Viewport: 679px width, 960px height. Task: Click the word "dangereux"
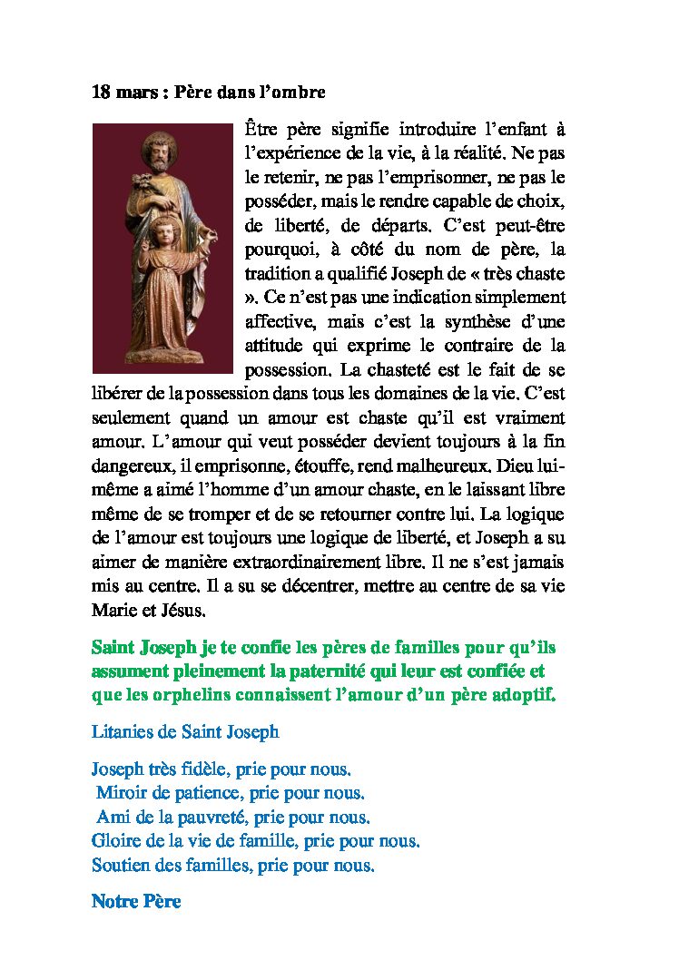(129, 467)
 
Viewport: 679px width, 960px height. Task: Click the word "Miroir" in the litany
(122, 793)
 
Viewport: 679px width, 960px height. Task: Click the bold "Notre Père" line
(136, 902)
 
